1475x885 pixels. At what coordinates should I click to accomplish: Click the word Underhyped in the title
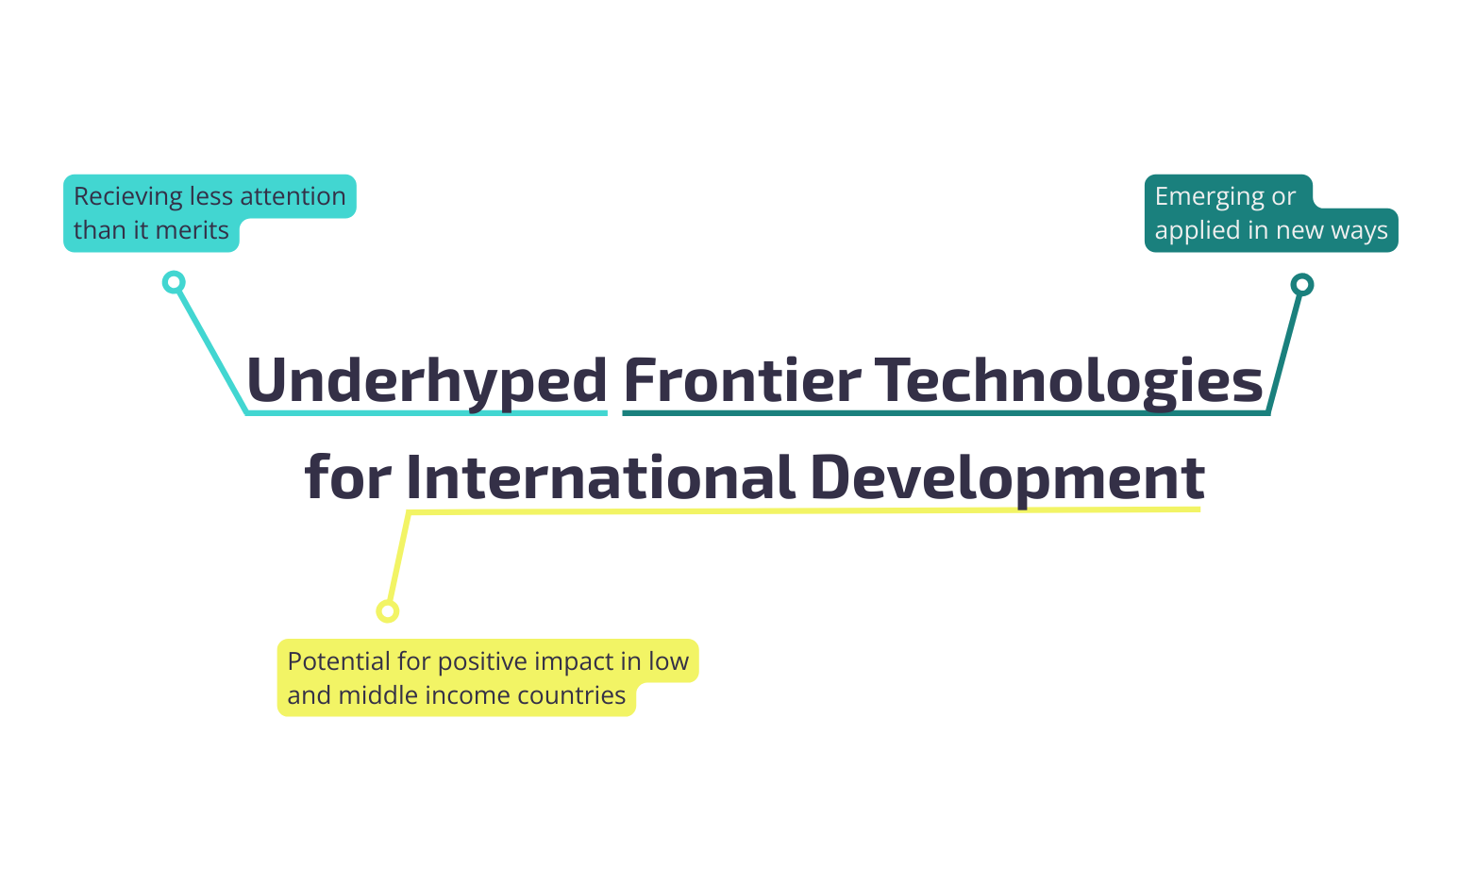(427, 380)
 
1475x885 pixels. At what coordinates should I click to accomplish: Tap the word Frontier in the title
(742, 380)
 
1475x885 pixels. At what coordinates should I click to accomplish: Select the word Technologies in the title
(1068, 380)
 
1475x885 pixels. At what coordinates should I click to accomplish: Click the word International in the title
(600, 477)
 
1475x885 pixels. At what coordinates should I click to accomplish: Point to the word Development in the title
(1007, 477)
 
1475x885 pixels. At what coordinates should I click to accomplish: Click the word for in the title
(347, 477)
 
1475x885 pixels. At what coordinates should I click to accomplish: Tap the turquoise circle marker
(174, 282)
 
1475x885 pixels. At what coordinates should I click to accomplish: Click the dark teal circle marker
(1301, 284)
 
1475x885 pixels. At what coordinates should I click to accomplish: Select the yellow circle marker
(387, 610)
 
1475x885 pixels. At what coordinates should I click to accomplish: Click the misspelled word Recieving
(128, 196)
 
